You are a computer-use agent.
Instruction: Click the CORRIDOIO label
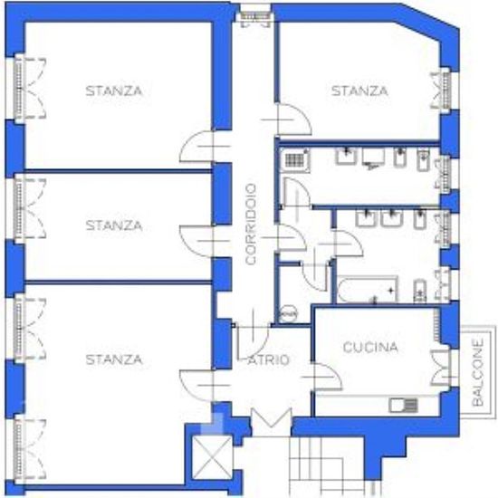tap(251, 225)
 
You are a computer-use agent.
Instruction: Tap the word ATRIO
tap(269, 360)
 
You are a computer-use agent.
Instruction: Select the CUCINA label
tap(370, 347)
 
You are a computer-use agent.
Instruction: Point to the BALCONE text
tap(478, 372)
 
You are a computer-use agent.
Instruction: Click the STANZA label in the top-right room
tap(359, 91)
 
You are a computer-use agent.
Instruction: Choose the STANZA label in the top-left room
tap(114, 91)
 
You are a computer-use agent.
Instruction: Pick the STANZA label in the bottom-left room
tap(114, 359)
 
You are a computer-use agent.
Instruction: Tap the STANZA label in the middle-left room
tap(114, 225)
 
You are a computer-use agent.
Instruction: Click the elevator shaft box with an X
tap(213, 457)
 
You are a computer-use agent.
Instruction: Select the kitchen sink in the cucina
tap(403, 406)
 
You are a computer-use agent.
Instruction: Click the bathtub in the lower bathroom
tap(368, 290)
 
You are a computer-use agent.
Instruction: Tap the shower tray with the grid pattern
tap(294, 160)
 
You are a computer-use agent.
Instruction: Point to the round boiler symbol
tap(288, 314)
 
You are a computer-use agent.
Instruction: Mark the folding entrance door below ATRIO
tap(272, 417)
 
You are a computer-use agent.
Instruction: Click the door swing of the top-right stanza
tap(293, 120)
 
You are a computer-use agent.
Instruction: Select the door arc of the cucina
tap(328, 377)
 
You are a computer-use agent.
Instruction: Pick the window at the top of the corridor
tap(255, 15)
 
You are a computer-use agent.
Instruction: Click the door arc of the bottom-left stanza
tap(196, 385)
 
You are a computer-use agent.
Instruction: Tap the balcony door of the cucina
tap(441, 368)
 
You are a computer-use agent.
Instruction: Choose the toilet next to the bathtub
tap(420, 291)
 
